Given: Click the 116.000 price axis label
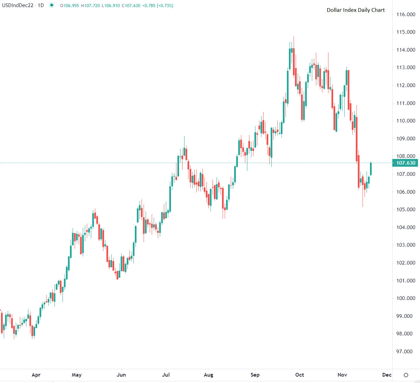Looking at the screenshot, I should [x=405, y=15].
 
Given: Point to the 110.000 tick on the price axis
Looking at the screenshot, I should [x=405, y=121].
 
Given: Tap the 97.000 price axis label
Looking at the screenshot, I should [x=405, y=352].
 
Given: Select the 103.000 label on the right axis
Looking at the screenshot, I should [x=405, y=245].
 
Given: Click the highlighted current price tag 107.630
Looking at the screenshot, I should [x=405, y=163].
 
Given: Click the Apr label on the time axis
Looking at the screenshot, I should [x=36, y=375].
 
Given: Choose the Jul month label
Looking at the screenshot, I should [x=166, y=375].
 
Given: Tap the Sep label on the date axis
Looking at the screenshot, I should [x=255, y=375].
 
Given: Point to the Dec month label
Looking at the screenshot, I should [x=387, y=375].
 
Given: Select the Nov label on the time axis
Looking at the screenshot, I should [x=342, y=375].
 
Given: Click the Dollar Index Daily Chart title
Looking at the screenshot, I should [x=355, y=10].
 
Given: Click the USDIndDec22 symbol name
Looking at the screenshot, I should [x=18, y=5].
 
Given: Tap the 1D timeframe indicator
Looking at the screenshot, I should [x=41, y=5].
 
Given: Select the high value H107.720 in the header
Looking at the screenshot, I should [x=91, y=6].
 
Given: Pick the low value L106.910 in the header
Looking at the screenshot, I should [x=110, y=6].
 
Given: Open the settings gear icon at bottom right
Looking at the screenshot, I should [x=406, y=375].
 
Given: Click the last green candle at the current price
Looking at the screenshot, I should [x=371, y=169].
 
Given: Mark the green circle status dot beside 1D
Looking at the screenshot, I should [x=51, y=5].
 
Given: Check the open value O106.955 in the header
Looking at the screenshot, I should [x=70, y=6].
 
